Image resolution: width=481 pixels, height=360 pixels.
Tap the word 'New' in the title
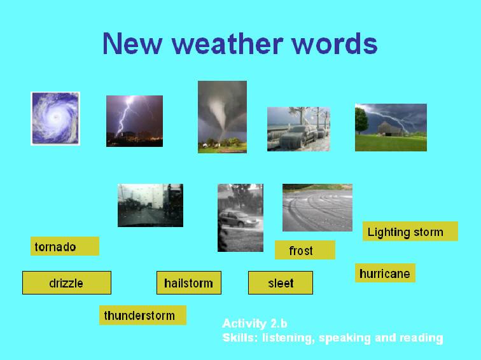(x=132, y=43)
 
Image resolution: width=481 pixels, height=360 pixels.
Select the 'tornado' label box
(x=65, y=246)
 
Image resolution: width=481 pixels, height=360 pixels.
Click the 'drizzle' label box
(x=67, y=283)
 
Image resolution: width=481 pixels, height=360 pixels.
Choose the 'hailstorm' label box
(x=189, y=283)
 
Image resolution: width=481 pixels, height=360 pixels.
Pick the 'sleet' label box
(x=281, y=283)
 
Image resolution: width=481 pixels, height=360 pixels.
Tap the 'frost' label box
(x=305, y=250)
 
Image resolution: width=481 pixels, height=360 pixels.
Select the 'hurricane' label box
(x=385, y=273)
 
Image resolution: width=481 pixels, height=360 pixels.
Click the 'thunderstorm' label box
(x=143, y=315)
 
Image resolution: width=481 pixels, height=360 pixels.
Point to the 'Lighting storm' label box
(x=410, y=232)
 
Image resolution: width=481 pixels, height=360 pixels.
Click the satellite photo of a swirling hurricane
(x=55, y=118)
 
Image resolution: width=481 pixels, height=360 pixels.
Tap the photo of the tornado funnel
(x=222, y=117)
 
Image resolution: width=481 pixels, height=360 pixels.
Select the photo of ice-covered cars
(x=298, y=128)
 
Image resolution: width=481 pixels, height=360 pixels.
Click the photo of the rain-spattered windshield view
(x=150, y=205)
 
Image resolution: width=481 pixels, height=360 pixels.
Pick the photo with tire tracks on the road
(x=317, y=207)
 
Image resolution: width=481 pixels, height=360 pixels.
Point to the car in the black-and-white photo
(x=239, y=219)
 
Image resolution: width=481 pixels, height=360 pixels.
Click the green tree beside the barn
(x=361, y=120)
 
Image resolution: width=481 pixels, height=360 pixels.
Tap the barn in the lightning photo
(x=390, y=128)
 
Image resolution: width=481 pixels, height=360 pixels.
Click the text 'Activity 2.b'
(x=254, y=323)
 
